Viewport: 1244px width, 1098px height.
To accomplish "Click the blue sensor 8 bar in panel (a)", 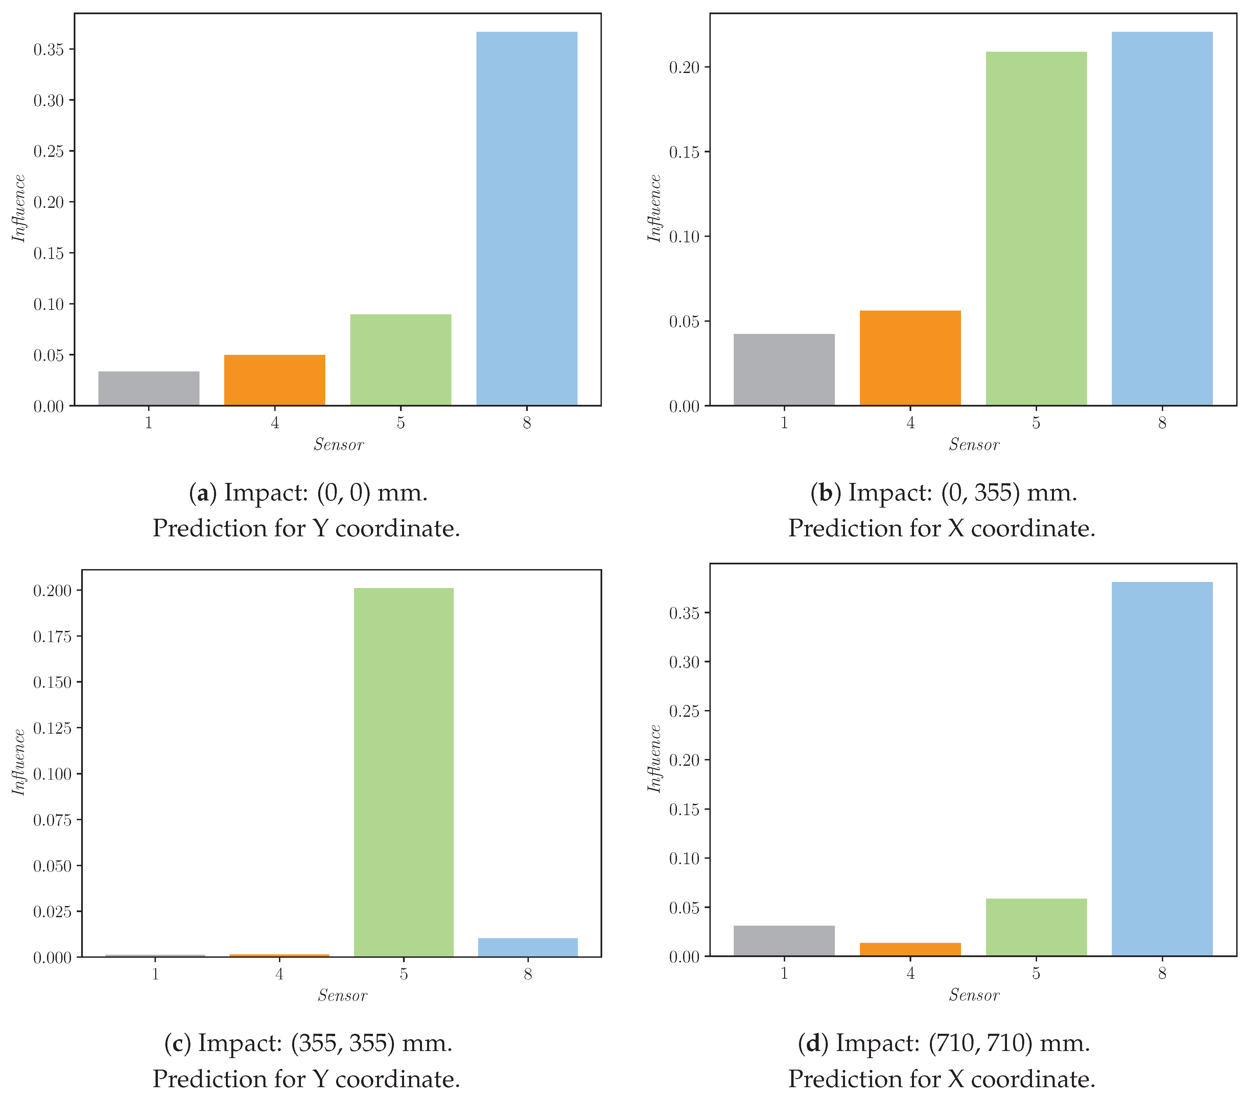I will pyautogui.click(x=526, y=219).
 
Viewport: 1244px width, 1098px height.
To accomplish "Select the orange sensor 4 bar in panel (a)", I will pyautogui.click(x=275, y=380).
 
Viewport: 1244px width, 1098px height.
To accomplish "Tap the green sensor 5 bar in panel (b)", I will pyautogui.click(x=1036, y=229).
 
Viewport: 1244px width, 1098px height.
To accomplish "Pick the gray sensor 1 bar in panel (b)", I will pyautogui.click(x=784, y=370).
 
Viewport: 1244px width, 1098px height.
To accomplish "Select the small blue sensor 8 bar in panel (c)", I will pyautogui.click(x=528, y=947).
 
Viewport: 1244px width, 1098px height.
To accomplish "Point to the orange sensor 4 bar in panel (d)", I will pyautogui.click(x=910, y=950).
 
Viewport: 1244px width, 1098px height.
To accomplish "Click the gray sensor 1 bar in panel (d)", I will pyautogui.click(x=784, y=941).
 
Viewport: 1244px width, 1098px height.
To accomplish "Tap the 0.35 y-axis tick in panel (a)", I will pyautogui.click(x=49, y=49).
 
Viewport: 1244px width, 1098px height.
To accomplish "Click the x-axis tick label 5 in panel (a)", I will pyautogui.click(x=400, y=423).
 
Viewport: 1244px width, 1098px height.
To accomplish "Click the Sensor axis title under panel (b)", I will pyautogui.click(x=974, y=445).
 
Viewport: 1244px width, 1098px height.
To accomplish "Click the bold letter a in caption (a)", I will pyautogui.click(x=203, y=493).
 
